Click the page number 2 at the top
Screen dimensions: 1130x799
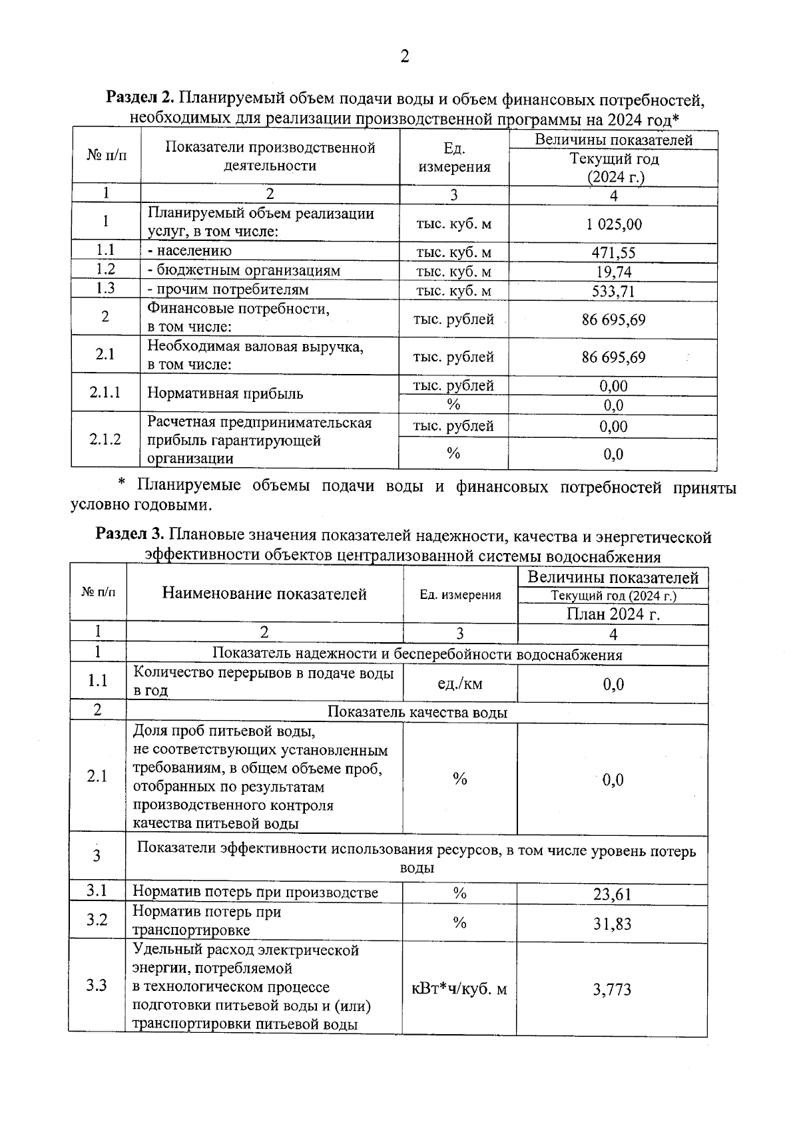[404, 57]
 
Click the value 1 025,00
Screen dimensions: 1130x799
[614, 224]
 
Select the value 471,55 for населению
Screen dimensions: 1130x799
[613, 253]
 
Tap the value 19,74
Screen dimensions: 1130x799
[613, 272]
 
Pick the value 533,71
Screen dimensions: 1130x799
[613, 291]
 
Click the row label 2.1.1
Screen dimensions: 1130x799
[105, 393]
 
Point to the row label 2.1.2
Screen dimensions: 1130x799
[105, 439]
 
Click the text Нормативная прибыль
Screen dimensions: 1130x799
[225, 393]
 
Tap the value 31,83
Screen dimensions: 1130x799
[612, 924]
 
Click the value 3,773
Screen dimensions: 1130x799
[612, 990]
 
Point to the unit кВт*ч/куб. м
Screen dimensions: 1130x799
[459, 989]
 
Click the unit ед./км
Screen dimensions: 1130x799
[459, 684]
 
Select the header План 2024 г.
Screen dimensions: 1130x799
[613, 614]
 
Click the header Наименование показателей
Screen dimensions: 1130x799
[264, 594]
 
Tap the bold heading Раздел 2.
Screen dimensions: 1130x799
[140, 100]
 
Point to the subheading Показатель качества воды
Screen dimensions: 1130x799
[417, 713]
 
